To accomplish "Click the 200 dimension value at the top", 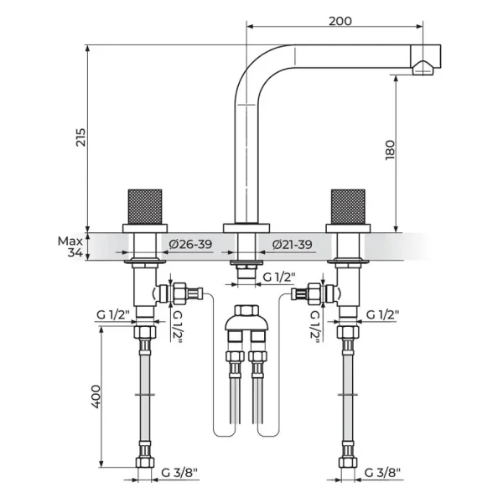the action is pos(340,21).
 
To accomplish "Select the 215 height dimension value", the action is pos(80,137).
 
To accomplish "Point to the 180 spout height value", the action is pos(390,150).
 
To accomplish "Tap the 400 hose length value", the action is pos(96,397).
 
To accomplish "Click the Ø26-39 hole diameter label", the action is pos(190,245).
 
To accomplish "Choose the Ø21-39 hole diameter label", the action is pos(292,245).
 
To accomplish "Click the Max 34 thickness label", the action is pos(70,247).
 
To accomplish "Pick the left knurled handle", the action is pos(145,206).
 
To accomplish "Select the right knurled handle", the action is pos(348,206).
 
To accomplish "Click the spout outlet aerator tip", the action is pos(423,67).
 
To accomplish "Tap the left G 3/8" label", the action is pos(179,472).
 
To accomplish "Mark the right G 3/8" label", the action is pos(382,472).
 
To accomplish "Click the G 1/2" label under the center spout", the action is pos(279,277).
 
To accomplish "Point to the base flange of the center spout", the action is pos(246,228).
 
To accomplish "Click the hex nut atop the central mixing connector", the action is pos(246,310).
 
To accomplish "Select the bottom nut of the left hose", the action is pos(145,462).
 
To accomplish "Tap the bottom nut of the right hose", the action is pos(348,462).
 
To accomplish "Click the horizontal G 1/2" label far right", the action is pos(383,315).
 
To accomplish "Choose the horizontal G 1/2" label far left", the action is pos(113,315).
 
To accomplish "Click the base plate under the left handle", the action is pos(145,228).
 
